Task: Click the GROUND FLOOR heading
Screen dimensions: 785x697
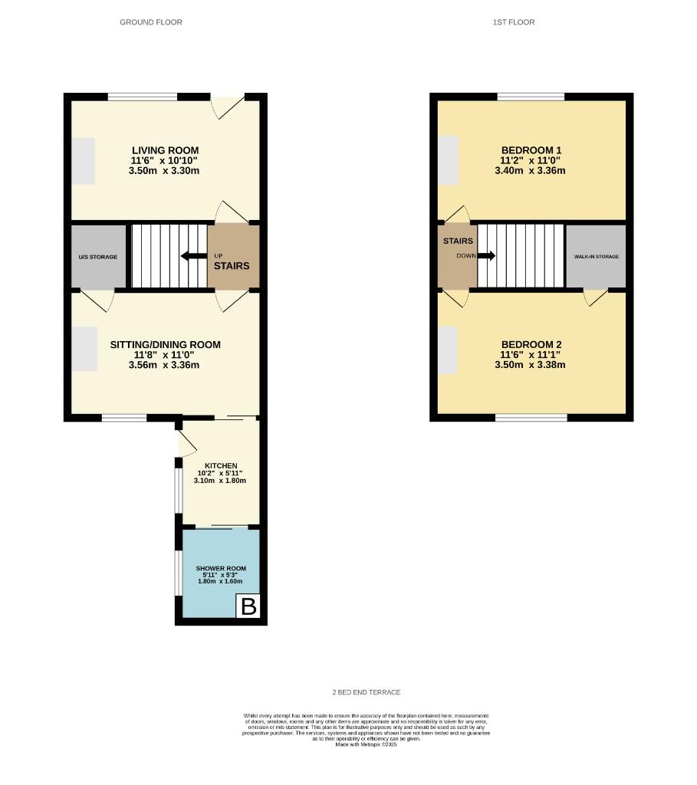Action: click(151, 22)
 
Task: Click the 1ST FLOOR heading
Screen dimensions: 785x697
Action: click(513, 22)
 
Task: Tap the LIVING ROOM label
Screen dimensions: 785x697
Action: click(165, 150)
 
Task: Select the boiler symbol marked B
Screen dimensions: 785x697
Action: click(248, 607)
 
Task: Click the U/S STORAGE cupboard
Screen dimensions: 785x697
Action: click(97, 257)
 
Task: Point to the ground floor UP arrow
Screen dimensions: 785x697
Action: click(193, 257)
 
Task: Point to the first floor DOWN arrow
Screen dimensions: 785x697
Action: click(486, 256)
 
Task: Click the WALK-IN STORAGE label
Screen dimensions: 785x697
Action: click(596, 256)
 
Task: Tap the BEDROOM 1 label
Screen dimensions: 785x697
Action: click(532, 150)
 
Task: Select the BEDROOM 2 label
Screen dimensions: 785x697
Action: click(531, 345)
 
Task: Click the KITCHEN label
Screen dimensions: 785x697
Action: click(221, 465)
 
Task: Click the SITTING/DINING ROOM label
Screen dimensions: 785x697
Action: click(165, 345)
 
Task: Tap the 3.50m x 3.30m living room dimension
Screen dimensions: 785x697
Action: click(165, 170)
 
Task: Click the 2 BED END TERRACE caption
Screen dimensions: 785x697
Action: click(367, 692)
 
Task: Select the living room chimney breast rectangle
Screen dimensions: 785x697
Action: click(83, 161)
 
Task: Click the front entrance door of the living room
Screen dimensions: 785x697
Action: click(228, 106)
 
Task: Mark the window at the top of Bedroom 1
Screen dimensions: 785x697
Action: click(531, 97)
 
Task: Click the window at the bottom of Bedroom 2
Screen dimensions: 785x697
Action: click(531, 418)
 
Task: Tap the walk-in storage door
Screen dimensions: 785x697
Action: click(596, 297)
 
